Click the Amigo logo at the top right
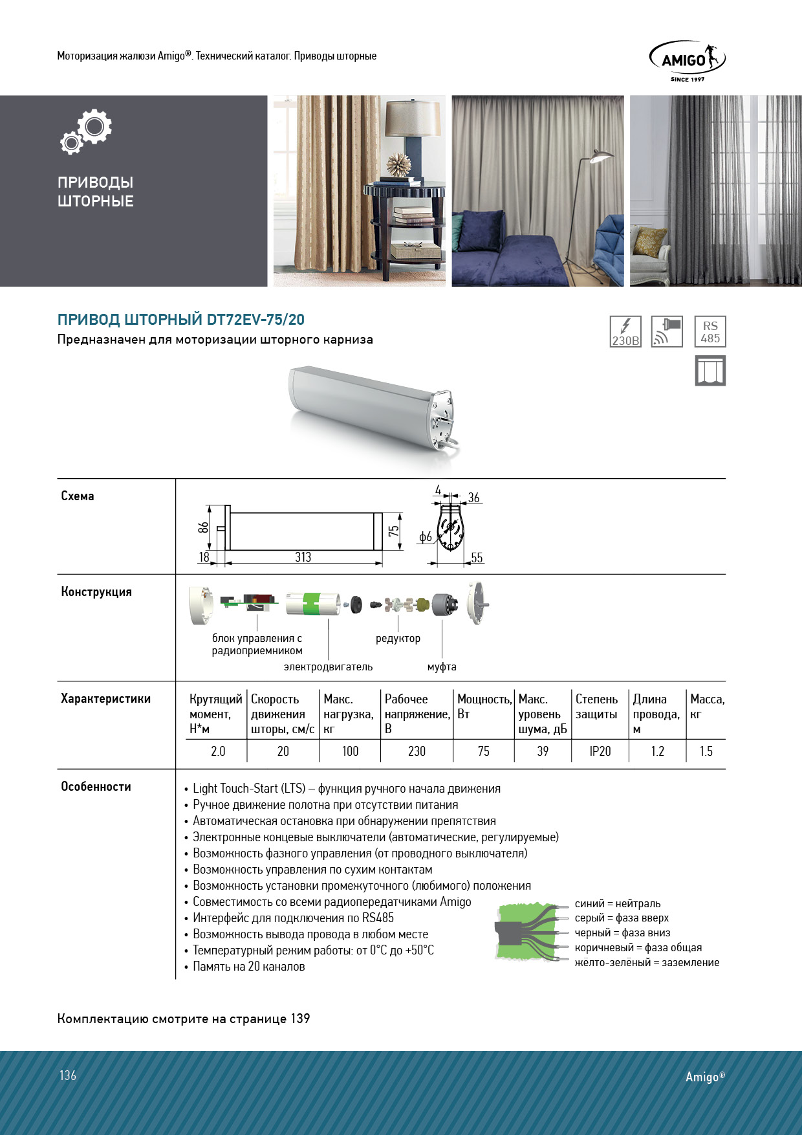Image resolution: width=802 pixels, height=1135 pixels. coord(687,61)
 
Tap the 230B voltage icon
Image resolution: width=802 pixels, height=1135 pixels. coord(625,332)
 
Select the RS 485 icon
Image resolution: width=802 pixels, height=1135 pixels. coord(710,332)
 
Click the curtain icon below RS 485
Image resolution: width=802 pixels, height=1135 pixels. coord(710,371)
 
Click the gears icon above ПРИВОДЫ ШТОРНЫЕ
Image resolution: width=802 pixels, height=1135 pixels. coord(87,132)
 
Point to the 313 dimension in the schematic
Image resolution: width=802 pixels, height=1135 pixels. coord(303,557)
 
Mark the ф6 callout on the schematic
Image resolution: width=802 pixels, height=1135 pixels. coord(425,536)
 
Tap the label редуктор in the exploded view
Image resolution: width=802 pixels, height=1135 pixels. coord(398,639)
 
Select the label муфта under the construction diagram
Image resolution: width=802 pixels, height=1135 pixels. coord(442,667)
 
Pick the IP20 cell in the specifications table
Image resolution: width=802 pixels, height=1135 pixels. coord(600,751)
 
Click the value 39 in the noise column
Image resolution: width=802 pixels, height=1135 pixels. coord(543,751)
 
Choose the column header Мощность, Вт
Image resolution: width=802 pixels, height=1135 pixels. coord(484,707)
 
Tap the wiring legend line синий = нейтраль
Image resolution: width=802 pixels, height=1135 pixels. coord(618,904)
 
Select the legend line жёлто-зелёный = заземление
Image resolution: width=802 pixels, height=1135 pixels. coord(647,963)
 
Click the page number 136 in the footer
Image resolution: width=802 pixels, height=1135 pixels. coord(68,1075)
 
